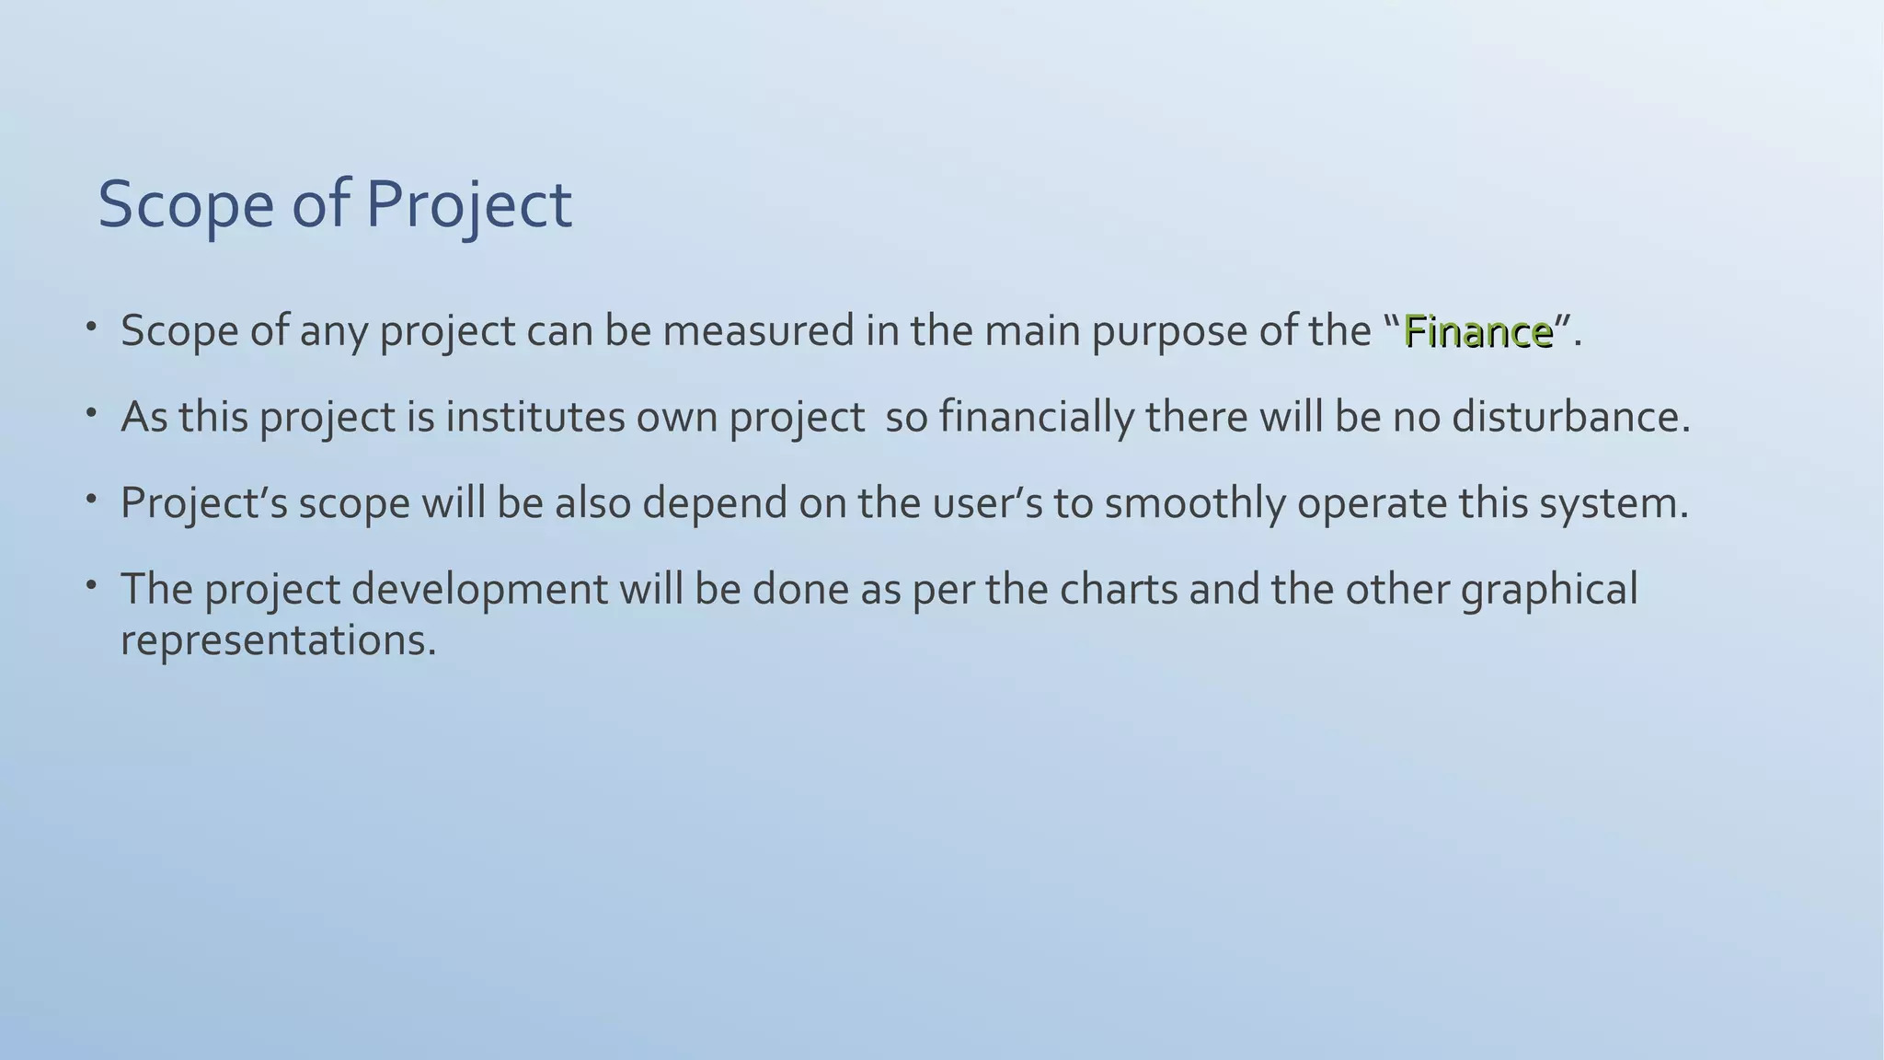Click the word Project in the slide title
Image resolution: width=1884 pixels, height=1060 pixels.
point(469,204)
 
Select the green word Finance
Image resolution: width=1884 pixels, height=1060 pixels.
point(1478,331)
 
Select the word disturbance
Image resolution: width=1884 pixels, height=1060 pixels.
point(1570,417)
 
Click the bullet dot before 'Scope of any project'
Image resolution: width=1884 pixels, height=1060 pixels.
point(91,327)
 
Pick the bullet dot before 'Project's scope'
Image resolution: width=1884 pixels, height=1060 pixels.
point(91,499)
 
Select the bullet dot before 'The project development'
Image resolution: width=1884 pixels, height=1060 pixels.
point(91,584)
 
